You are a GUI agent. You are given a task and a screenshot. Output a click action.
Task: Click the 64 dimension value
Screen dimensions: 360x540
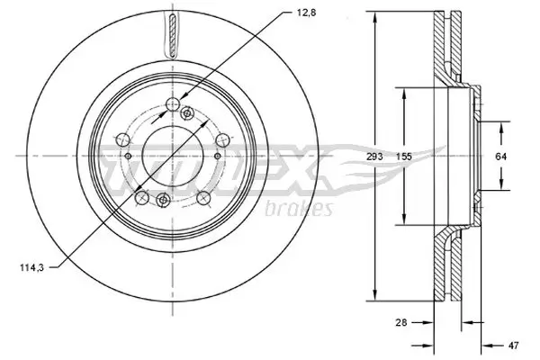(501, 157)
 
